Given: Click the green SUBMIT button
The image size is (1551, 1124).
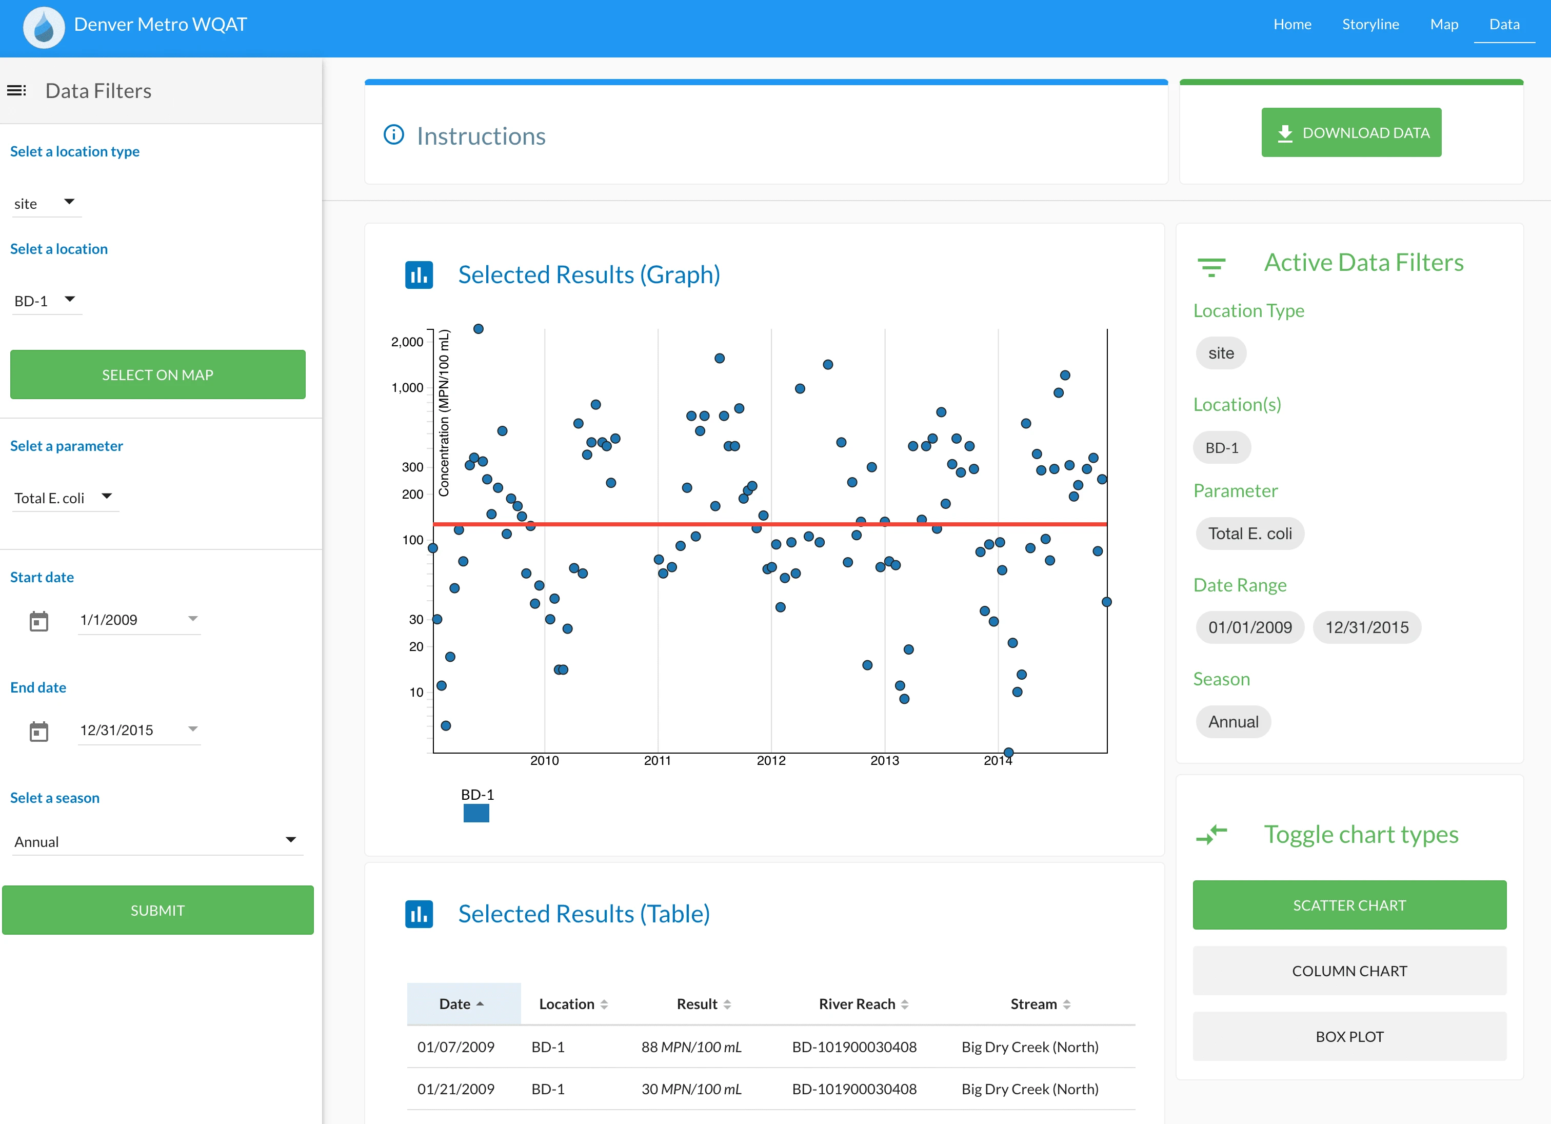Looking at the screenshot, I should coord(158,910).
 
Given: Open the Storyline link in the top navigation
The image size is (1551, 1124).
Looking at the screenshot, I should coord(1370,25).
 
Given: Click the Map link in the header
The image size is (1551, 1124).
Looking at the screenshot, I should coord(1444,25).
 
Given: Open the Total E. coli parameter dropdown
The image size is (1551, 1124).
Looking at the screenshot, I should coord(64,497).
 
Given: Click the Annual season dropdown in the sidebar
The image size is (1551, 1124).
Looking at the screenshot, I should coord(155,841).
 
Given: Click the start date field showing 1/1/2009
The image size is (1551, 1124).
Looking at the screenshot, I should coord(137,620).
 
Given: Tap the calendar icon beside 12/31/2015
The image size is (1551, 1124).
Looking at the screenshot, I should coord(39,732).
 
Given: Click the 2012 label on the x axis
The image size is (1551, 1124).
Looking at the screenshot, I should coord(771,761).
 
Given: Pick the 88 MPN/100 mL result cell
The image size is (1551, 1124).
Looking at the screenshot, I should coord(691,1047).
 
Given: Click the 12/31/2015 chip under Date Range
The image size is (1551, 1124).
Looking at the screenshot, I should coord(1366,627).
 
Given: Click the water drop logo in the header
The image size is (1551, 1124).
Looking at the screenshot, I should coord(44,27).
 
